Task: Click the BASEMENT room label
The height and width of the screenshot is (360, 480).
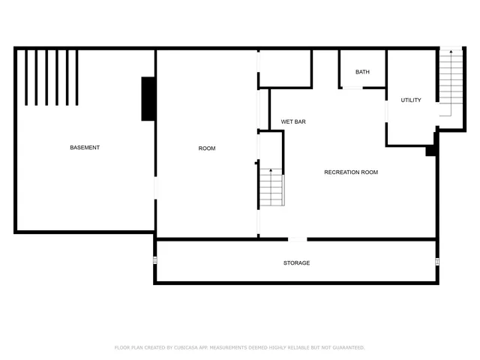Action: click(85, 148)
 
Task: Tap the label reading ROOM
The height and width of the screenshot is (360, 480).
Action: click(206, 148)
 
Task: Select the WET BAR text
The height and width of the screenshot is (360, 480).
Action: click(293, 121)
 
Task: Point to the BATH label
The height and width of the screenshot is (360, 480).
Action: click(362, 72)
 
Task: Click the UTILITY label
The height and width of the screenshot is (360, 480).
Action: click(410, 100)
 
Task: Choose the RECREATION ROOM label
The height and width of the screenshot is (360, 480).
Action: click(351, 172)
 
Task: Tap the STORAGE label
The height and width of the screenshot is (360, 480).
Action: click(296, 263)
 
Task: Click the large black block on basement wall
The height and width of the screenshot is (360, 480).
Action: click(148, 99)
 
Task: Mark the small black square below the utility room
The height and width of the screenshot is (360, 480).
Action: click(430, 151)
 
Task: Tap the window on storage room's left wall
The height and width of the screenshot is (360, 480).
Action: click(155, 261)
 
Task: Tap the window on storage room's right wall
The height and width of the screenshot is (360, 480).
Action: click(437, 262)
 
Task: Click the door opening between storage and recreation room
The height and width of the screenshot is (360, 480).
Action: click(298, 239)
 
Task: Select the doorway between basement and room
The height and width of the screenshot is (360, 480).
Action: click(155, 188)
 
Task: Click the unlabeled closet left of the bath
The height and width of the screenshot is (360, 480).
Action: click(285, 69)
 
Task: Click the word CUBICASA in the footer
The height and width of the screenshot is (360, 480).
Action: click(186, 347)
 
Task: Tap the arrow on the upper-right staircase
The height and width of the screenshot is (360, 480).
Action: click(450, 52)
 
